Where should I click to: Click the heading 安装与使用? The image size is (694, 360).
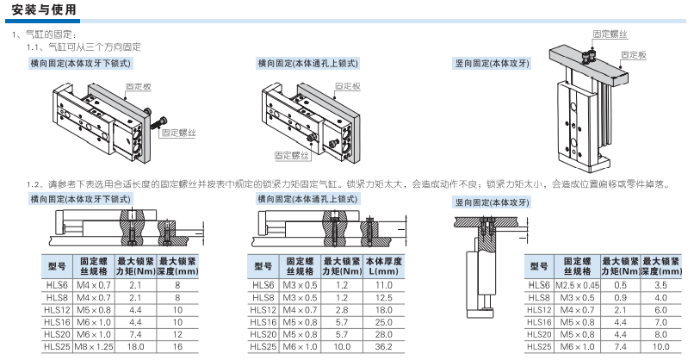click(x=44, y=9)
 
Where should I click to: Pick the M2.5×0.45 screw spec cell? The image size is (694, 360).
click(x=578, y=284)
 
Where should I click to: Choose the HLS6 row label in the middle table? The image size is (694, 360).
click(x=263, y=284)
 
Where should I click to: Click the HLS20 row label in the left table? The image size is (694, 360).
click(x=58, y=333)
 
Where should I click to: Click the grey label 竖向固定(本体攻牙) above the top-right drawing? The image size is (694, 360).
click(x=493, y=63)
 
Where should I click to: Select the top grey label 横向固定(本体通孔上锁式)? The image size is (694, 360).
click(x=307, y=63)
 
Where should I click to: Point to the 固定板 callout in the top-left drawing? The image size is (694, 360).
click(x=139, y=87)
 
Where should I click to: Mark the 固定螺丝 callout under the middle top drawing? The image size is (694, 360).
click(x=291, y=155)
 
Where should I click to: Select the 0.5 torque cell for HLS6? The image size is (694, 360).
click(x=620, y=284)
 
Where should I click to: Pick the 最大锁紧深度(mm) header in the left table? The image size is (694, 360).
click(x=177, y=265)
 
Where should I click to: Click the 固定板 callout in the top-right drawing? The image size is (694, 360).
click(x=635, y=53)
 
